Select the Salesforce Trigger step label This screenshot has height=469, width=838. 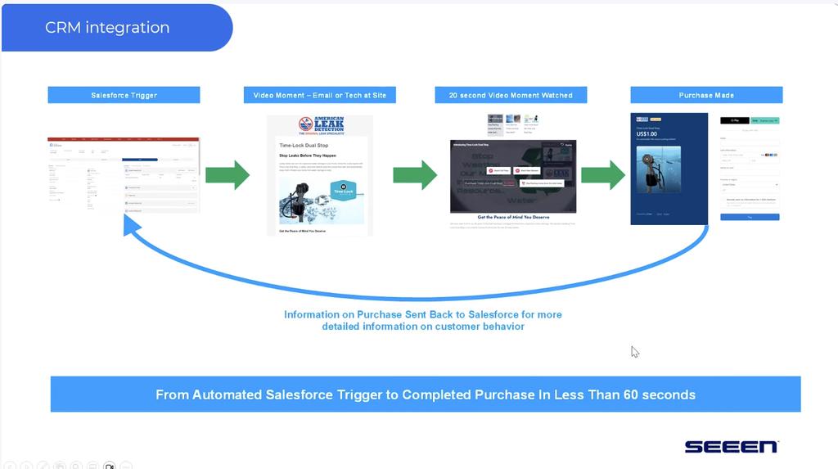point(124,95)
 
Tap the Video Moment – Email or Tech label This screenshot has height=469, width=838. point(319,95)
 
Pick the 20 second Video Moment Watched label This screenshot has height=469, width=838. point(511,95)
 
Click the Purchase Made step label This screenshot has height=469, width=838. point(706,95)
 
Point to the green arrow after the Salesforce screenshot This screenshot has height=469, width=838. point(227,175)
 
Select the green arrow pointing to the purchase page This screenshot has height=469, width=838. point(602,175)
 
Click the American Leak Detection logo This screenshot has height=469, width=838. point(321,125)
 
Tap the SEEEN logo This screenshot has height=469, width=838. point(731,446)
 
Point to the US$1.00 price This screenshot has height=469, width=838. point(647,134)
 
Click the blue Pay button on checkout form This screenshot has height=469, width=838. point(750,217)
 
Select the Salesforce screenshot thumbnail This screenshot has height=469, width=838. point(124,175)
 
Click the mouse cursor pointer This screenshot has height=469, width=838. point(634,351)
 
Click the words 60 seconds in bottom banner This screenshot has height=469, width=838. point(656,395)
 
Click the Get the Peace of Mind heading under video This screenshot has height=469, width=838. point(512,217)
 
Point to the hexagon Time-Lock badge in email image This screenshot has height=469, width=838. point(343,189)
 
